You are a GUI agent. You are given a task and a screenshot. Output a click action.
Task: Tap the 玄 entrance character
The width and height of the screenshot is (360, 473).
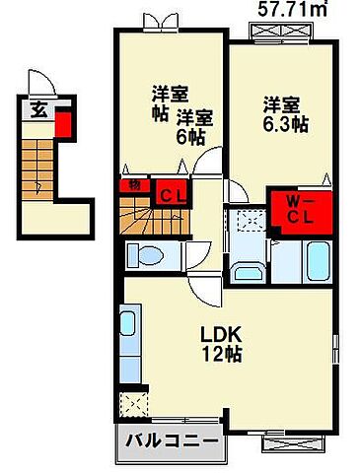tap(36, 110)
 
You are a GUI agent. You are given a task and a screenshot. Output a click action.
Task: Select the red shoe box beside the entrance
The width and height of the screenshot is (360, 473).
tap(63, 124)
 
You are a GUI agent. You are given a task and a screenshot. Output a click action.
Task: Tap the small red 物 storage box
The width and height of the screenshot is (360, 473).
tap(132, 186)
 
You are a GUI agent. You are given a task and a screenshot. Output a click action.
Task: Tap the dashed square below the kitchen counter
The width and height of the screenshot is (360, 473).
tap(131, 403)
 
